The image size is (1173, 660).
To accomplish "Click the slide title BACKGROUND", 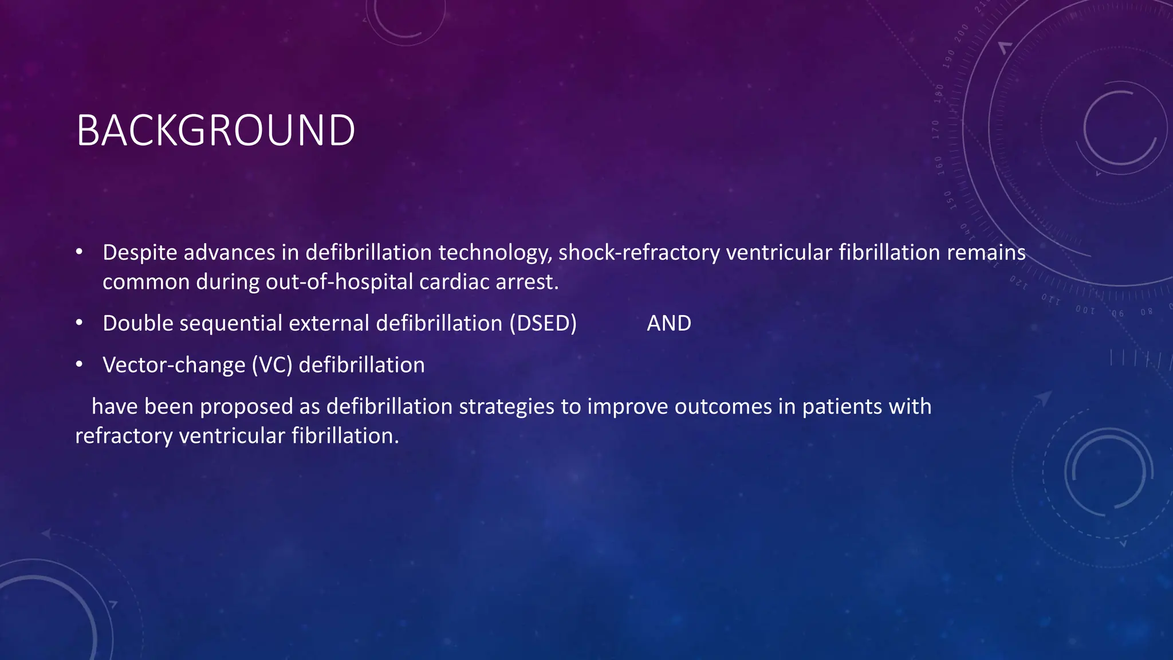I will pos(215,131).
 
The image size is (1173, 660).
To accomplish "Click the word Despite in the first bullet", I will pos(139,253).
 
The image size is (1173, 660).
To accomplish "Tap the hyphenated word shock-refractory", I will pos(639,253).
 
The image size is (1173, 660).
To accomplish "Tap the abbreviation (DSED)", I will pos(543,324).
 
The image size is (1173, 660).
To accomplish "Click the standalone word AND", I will pos(669,324).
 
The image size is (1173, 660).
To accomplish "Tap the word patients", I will pos(842,407).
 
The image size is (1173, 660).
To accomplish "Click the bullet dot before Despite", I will pos(79,253).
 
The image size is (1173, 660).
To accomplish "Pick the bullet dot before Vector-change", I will pos(79,365).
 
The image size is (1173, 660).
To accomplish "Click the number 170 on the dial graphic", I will pos(935,130).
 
